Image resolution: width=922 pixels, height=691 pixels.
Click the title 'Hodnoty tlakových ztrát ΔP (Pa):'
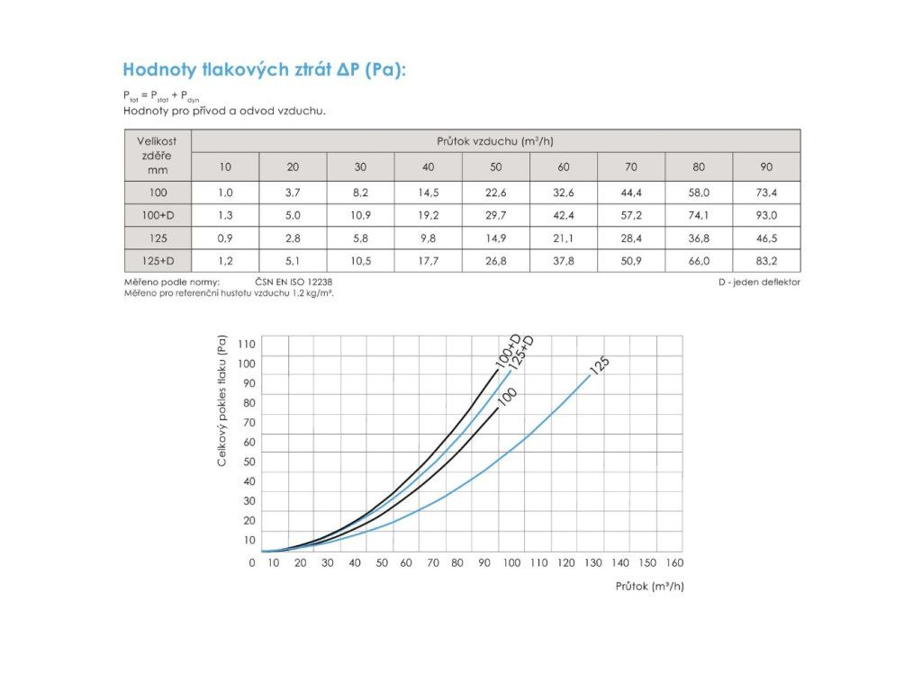(264, 70)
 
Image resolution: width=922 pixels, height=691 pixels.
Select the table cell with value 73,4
(766, 193)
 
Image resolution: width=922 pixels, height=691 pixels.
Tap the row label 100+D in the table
(158, 215)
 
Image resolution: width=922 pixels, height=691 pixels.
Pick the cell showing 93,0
(766, 215)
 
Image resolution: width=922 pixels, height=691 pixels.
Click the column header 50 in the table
(496, 166)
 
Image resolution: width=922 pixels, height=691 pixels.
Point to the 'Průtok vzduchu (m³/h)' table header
(494, 141)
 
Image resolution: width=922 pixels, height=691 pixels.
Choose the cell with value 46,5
(766, 238)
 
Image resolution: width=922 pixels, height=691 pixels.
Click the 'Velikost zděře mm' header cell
(158, 155)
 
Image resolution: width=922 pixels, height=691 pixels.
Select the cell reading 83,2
(766, 260)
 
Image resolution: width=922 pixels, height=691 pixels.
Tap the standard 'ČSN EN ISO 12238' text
(298, 283)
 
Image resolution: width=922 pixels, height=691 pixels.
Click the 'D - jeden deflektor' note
(758, 283)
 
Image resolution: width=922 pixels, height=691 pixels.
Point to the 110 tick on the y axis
(247, 345)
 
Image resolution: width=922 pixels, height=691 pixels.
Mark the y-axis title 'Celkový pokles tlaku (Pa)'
(221, 400)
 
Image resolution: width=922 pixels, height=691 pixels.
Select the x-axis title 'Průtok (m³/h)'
(649, 586)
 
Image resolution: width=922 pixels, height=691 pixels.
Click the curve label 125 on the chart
(600, 365)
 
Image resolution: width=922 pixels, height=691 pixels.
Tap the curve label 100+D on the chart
(510, 350)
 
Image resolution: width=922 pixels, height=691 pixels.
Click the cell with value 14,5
(429, 193)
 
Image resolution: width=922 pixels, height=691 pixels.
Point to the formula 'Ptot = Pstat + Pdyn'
(163, 94)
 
